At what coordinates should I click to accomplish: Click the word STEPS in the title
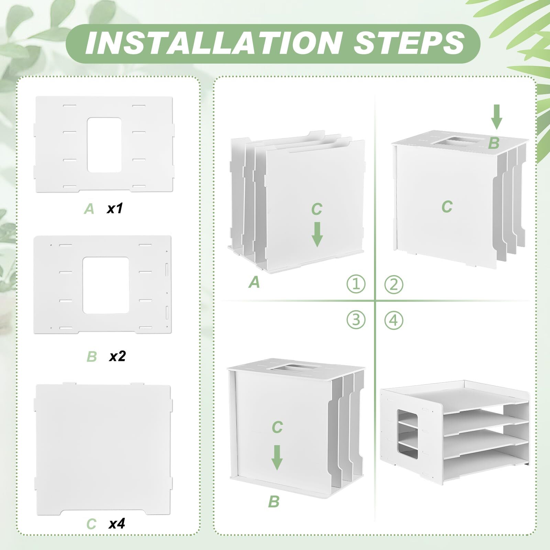click(x=409, y=43)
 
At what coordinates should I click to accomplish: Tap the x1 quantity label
click(x=114, y=208)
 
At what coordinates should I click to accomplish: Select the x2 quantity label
click(x=117, y=356)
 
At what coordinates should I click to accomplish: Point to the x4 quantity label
click(x=117, y=524)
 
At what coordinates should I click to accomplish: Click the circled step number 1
click(x=356, y=284)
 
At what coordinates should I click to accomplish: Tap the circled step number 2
click(x=394, y=284)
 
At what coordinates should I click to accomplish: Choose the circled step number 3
click(x=356, y=320)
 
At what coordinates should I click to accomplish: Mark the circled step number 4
click(x=394, y=320)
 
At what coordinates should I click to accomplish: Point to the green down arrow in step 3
click(x=277, y=458)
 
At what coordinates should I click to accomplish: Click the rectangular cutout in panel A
click(x=104, y=145)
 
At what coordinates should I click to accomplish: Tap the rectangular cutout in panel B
click(x=106, y=285)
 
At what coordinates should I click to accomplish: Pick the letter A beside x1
click(x=89, y=209)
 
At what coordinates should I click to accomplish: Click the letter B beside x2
click(x=92, y=356)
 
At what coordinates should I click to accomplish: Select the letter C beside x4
click(x=91, y=524)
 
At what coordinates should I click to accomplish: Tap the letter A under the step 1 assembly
click(x=254, y=282)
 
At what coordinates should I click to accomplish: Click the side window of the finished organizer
click(x=408, y=434)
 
